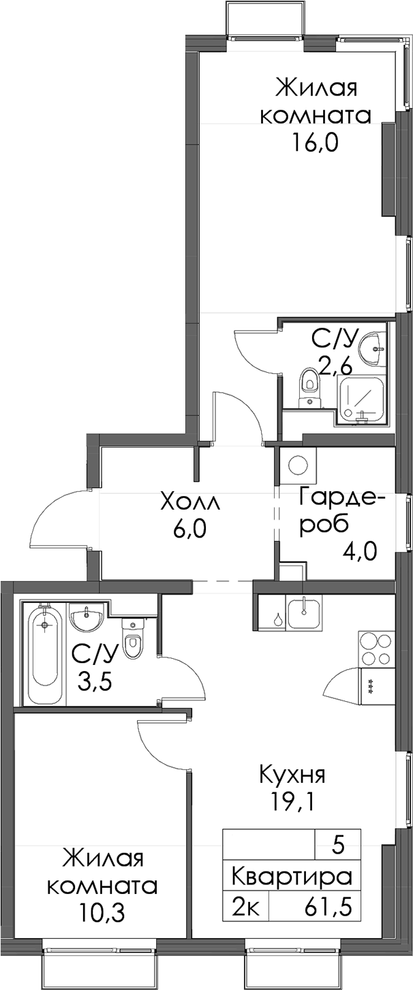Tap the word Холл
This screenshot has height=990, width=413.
click(x=191, y=504)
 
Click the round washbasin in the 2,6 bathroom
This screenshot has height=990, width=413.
click(x=372, y=349)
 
